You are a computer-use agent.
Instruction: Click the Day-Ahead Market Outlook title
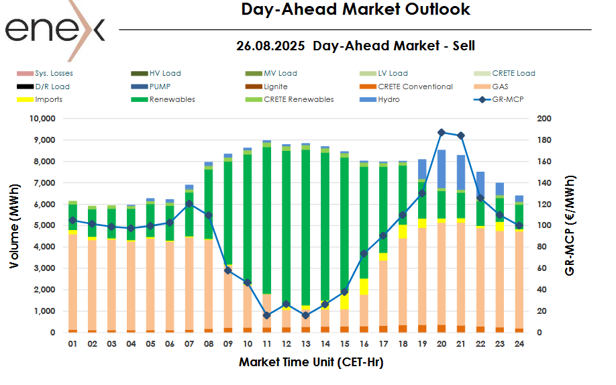355,9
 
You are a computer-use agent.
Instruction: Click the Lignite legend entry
276,87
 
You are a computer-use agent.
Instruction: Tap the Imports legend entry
48,99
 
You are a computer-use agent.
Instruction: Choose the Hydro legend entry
388,99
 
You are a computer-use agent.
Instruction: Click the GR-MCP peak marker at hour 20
441,133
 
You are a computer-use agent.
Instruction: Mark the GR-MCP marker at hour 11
266,315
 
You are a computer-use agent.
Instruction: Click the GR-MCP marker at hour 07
189,204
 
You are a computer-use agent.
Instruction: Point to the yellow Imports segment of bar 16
363,286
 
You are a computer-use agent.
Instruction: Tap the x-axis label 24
519,344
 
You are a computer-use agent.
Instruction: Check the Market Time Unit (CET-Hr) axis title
311,363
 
